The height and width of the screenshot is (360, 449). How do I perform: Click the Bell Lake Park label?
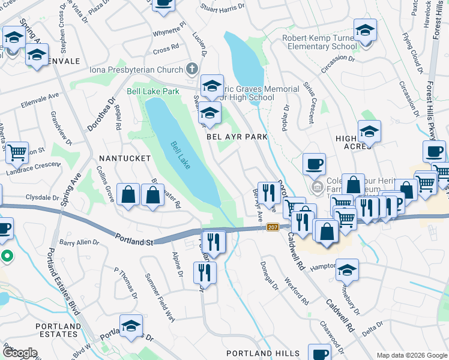(153, 92)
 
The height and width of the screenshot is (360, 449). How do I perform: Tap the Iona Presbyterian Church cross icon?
(192, 68)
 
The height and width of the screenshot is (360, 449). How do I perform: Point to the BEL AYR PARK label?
(237, 137)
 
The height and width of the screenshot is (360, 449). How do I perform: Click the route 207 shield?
(273, 227)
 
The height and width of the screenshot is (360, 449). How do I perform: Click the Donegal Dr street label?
(270, 275)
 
